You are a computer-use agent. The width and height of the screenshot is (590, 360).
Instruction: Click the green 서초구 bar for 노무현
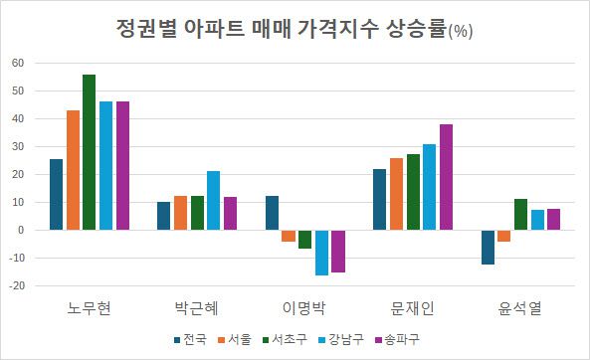pyautogui.click(x=90, y=152)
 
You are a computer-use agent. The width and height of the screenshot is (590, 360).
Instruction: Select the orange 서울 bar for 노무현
pyautogui.click(x=73, y=170)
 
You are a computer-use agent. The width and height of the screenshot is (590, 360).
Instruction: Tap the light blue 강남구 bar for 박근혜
pyautogui.click(x=214, y=201)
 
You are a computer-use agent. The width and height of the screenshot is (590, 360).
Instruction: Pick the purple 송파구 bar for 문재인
pyautogui.click(x=446, y=177)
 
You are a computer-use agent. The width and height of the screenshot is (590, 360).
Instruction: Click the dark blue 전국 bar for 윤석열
pyautogui.click(x=488, y=247)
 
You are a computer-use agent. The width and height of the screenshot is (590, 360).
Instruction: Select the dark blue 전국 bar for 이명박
pyautogui.click(x=272, y=213)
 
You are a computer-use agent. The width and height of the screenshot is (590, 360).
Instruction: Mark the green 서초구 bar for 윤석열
pyautogui.click(x=520, y=214)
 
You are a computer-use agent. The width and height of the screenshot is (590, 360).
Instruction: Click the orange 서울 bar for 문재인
pyautogui.click(x=396, y=194)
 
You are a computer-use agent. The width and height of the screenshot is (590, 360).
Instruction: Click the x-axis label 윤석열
pyautogui.click(x=519, y=305)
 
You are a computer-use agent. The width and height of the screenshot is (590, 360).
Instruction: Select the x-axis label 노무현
pyautogui.click(x=90, y=305)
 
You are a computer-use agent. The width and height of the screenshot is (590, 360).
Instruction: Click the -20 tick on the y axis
pyautogui.click(x=16, y=285)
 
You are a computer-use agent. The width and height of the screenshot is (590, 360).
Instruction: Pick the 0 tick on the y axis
pyautogui.click(x=21, y=230)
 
